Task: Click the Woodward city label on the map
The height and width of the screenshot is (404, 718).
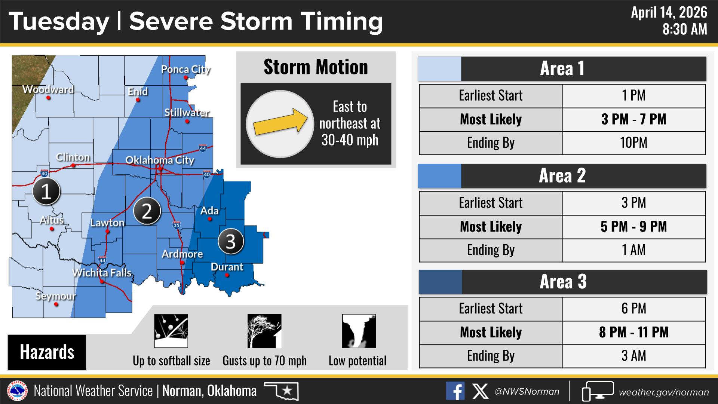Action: [x=48, y=89]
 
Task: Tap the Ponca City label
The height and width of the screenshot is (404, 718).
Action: [x=185, y=70]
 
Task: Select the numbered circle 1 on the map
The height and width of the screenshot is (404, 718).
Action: [x=46, y=192]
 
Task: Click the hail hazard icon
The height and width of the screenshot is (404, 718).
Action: [x=171, y=331]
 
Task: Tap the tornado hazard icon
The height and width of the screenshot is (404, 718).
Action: [x=359, y=331]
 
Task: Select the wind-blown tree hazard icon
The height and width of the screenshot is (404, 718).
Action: [x=264, y=331]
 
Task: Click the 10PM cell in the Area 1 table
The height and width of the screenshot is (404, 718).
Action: [x=633, y=143]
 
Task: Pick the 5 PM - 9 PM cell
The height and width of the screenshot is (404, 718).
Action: [x=633, y=227]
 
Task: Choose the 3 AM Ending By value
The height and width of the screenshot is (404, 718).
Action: [x=633, y=356]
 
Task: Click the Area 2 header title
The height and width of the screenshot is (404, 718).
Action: [x=562, y=175]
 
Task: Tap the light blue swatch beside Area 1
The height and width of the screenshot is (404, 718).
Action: [x=439, y=69]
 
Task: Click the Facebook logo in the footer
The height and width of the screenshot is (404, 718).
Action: [x=455, y=391]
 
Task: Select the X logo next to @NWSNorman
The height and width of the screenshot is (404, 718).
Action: [x=480, y=391]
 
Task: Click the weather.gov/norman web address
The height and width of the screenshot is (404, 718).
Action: [x=664, y=392]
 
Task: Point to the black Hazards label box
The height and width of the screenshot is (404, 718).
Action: [x=47, y=352]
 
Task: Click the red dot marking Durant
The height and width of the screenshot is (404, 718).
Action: [x=227, y=275]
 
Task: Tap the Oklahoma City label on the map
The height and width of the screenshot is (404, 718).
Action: [x=160, y=160]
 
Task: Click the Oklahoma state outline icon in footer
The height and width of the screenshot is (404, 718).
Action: [x=281, y=391]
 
